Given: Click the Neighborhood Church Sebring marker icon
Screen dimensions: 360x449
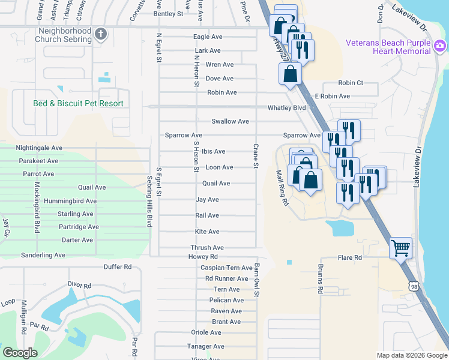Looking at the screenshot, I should coord(101,35).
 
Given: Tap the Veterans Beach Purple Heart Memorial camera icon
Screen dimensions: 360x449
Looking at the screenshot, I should coord(440,46).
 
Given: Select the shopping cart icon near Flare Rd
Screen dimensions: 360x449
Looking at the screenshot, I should coord(400,247).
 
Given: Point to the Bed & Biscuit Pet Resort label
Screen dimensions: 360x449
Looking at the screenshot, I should coord(78,104).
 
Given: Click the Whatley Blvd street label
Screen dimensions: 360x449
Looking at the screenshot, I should coord(286,108).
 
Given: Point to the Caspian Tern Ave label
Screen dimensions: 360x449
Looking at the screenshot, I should coord(226,268).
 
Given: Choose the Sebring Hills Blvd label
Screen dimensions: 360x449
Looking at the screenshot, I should coord(149,201).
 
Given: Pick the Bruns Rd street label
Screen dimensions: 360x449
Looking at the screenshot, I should coord(321,278).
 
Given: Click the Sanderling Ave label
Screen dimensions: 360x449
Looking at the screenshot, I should coord(43,255).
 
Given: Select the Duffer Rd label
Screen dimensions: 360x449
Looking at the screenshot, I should coord(117,266).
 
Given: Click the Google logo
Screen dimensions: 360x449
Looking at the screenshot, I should coord(20,353).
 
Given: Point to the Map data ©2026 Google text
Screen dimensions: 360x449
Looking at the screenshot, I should coord(411,355).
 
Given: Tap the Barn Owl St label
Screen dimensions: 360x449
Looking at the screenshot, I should coord(256,279).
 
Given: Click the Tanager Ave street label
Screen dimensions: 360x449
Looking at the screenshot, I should coord(205,346).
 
